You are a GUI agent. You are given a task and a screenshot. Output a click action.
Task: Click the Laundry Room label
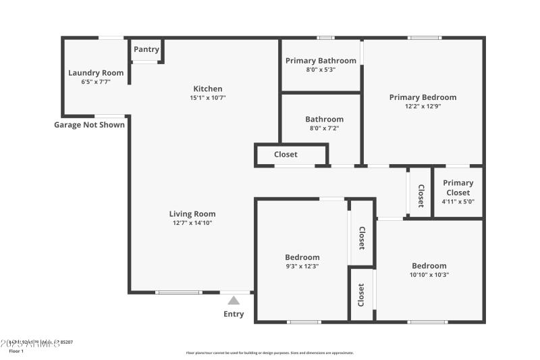pyautogui.click(x=95, y=73)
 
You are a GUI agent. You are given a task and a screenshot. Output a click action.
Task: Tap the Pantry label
pyautogui.click(x=146, y=49)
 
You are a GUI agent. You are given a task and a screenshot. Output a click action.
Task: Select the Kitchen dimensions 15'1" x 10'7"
pyautogui.click(x=207, y=98)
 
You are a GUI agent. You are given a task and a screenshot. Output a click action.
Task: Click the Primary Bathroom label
pyautogui.click(x=321, y=61)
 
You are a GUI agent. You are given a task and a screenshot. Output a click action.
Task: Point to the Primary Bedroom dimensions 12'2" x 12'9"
pyautogui.click(x=423, y=106)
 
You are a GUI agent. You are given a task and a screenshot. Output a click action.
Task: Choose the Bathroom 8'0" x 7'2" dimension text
pyautogui.click(x=324, y=128)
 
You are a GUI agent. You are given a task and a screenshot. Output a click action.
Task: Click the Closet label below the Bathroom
pyautogui.click(x=286, y=155)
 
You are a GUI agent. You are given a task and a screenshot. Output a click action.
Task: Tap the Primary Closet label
pyautogui.click(x=458, y=187)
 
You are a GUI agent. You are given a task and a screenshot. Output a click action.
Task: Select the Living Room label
pyautogui.click(x=192, y=214)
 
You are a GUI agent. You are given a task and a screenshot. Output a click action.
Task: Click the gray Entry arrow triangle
pyautogui.click(x=234, y=301)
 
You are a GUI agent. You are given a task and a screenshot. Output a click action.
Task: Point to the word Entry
pyautogui.click(x=234, y=314)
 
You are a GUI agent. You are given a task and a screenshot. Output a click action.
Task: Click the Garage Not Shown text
pyautogui.click(x=89, y=124)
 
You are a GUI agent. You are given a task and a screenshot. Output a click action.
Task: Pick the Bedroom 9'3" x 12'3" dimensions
pyautogui.click(x=302, y=266)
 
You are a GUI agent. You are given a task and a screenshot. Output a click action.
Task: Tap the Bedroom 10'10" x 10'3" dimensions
pyautogui.click(x=429, y=274)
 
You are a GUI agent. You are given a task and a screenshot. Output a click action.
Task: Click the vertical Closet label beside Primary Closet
pyautogui.click(x=421, y=195)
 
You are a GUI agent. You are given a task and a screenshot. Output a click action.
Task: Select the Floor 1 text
pyautogui.click(x=16, y=351)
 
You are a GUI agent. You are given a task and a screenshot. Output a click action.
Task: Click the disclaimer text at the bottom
pyautogui.click(x=269, y=353)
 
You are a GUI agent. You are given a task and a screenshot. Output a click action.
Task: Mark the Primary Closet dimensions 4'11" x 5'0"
pyautogui.click(x=458, y=201)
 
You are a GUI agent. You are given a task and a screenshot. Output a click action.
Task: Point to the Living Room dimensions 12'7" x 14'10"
pyautogui.click(x=192, y=223)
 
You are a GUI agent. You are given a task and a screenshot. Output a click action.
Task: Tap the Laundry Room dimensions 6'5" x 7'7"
pyautogui.click(x=95, y=82)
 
